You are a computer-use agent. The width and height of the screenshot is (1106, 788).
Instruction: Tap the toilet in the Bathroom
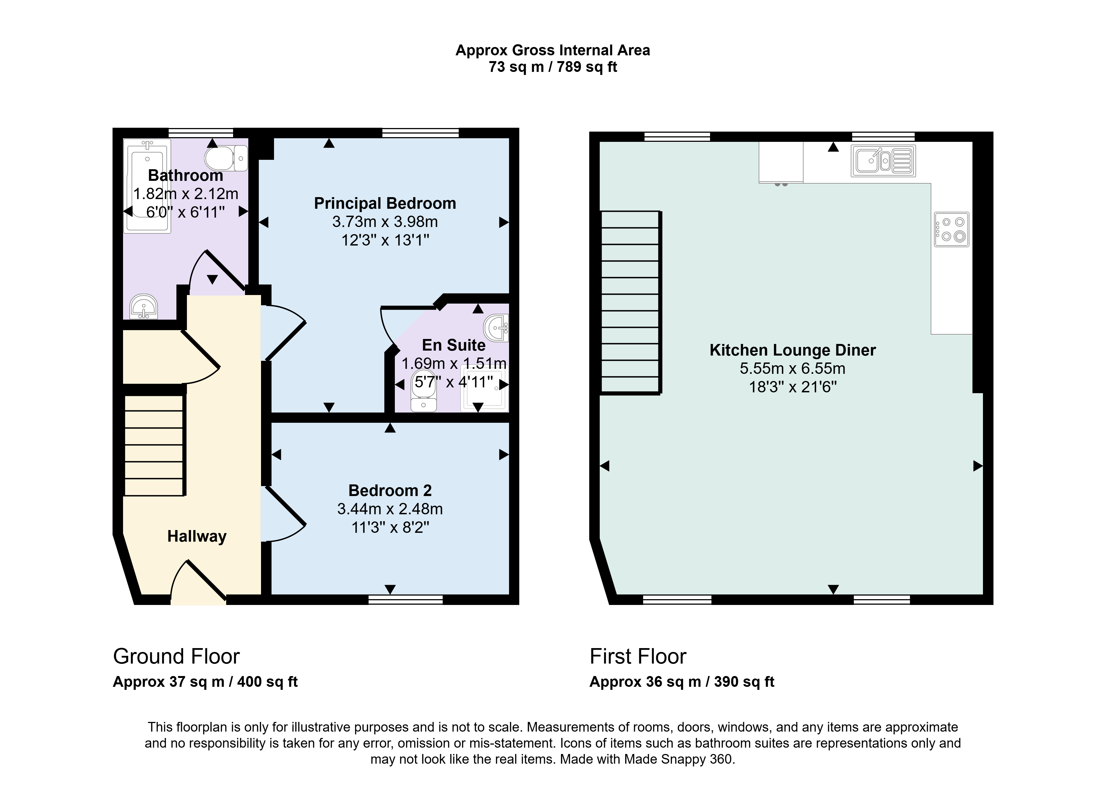pyautogui.click(x=226, y=158)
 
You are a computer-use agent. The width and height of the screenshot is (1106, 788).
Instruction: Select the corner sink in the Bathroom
pyautogui.click(x=144, y=306)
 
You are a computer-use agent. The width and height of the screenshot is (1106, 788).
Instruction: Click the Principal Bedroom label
pyautogui.click(x=385, y=203)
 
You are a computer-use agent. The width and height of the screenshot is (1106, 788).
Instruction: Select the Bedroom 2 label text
pyautogui.click(x=390, y=490)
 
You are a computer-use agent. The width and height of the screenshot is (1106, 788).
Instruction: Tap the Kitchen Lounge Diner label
pyautogui.click(x=793, y=350)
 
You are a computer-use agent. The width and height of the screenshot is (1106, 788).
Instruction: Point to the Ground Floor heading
pyautogui.click(x=177, y=656)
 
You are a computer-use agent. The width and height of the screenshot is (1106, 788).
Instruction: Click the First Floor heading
pyautogui.click(x=638, y=656)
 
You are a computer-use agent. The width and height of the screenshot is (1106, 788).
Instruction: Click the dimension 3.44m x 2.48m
pyautogui.click(x=390, y=509)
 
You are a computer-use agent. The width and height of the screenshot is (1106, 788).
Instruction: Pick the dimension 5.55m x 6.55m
pyautogui.click(x=793, y=369)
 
